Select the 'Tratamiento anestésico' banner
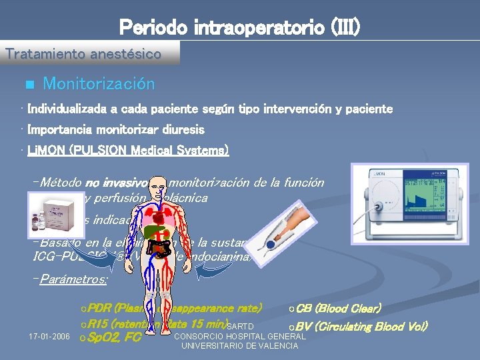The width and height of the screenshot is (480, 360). [x=83, y=54]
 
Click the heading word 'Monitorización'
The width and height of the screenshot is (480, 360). [x=99, y=84]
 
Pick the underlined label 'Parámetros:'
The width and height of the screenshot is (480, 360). [x=72, y=280]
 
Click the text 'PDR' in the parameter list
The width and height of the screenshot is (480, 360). [x=100, y=309]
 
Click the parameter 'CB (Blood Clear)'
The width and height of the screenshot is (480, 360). [x=337, y=309]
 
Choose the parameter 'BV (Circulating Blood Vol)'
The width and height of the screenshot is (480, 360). [x=361, y=326]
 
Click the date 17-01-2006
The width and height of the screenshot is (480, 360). [x=50, y=337]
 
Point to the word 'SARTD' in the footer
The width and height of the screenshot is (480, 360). [x=240, y=327]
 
